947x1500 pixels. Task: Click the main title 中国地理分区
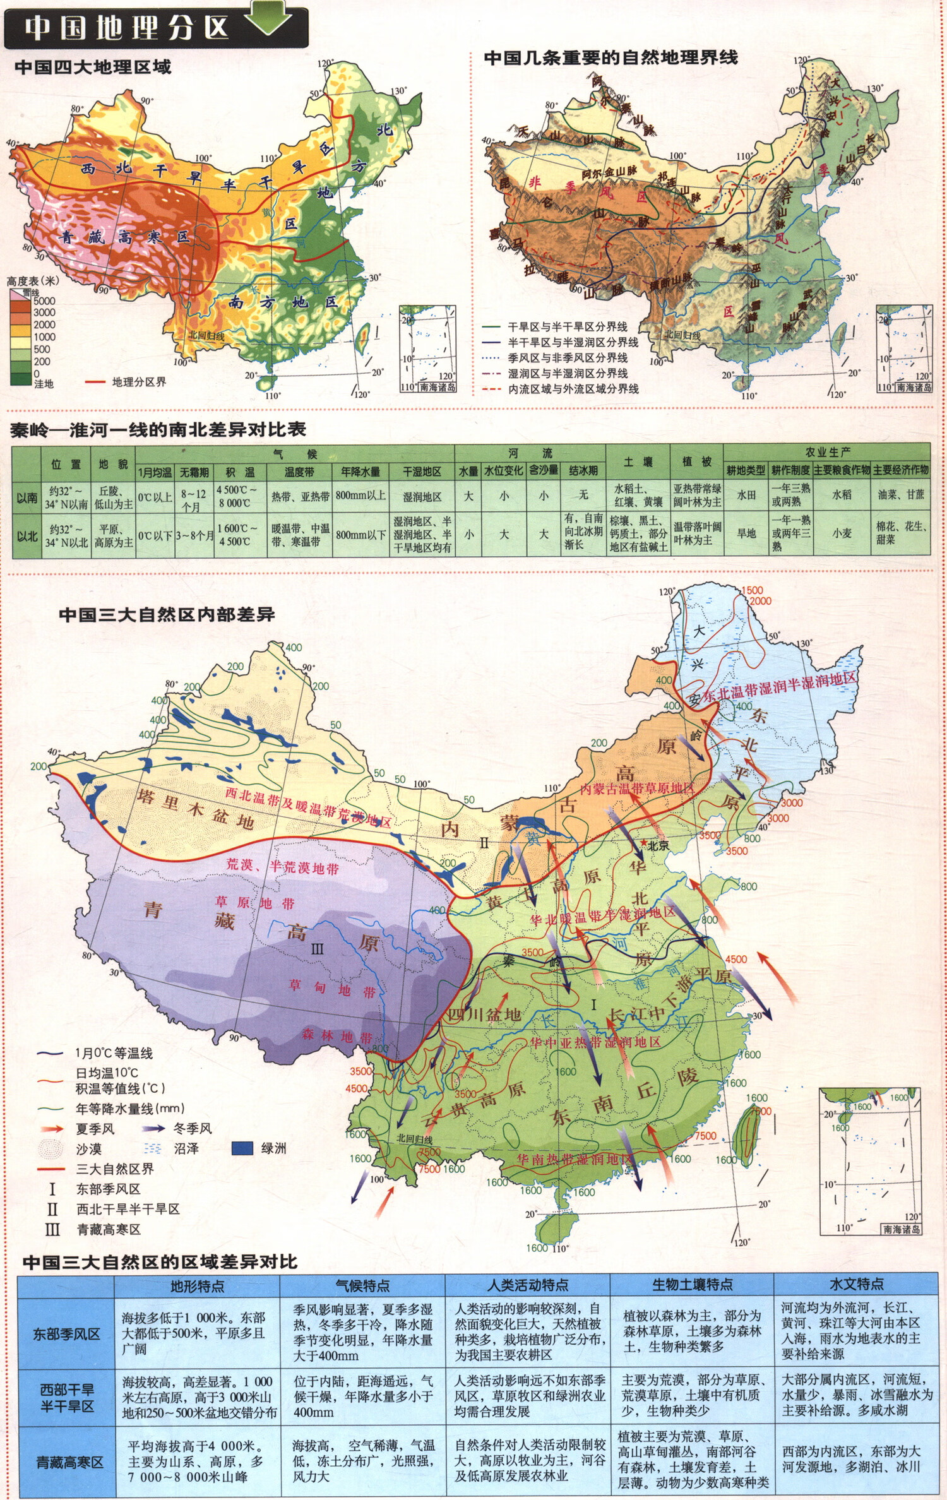click(x=126, y=28)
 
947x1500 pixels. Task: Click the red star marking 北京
click(x=643, y=843)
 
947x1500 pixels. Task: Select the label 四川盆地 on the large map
click(x=484, y=1015)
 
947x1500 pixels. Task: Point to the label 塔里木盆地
click(x=196, y=810)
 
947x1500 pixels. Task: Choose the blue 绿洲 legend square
click(x=242, y=1148)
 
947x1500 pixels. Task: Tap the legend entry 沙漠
click(x=88, y=1149)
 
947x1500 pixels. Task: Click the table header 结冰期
click(x=583, y=471)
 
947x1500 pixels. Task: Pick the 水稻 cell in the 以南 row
click(x=842, y=495)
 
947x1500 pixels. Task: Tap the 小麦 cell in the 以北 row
click(x=842, y=533)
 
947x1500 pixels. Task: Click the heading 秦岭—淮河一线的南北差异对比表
click(x=158, y=430)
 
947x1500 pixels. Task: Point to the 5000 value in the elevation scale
click(x=44, y=301)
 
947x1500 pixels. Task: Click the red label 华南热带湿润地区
click(x=574, y=1160)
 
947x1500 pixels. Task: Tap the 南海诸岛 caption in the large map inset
click(x=902, y=1229)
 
